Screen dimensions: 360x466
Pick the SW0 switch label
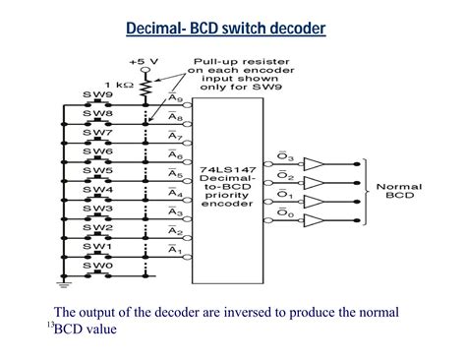click(x=95, y=264)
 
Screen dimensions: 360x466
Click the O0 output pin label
click(x=286, y=215)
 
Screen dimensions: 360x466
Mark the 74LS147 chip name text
click(x=240, y=169)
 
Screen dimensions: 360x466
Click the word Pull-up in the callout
click(x=213, y=60)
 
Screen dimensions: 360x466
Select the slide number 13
click(x=49, y=324)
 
